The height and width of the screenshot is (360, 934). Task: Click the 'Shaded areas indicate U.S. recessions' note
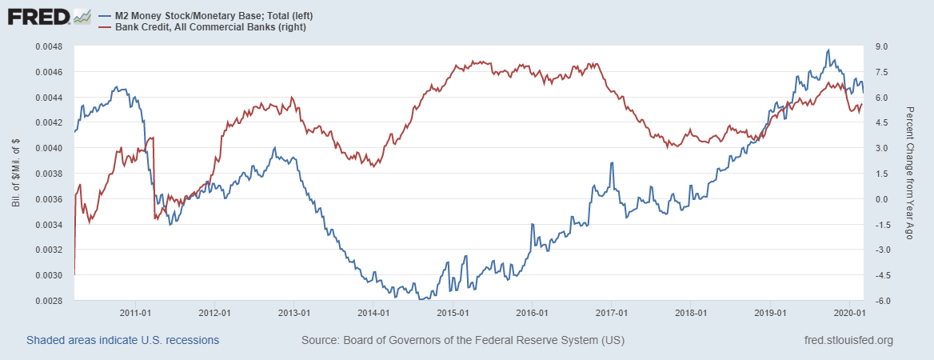click(122, 341)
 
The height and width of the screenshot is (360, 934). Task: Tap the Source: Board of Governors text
click(463, 341)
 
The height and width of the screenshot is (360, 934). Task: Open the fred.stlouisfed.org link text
click(848, 341)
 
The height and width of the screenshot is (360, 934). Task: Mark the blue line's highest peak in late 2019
click(828, 50)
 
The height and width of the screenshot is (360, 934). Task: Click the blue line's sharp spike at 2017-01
click(612, 162)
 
